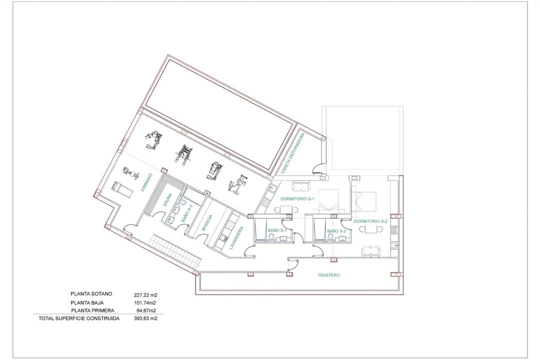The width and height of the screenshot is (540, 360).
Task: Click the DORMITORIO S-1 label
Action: pos(297,198)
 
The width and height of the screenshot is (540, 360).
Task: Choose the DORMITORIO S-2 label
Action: pos(370,220)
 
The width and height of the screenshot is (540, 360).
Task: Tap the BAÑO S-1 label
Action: pos(276,230)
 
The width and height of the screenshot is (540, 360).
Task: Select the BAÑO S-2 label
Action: pos(336,231)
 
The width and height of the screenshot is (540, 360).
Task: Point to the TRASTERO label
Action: pos(328,275)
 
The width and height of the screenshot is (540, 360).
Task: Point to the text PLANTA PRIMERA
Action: pos(92,310)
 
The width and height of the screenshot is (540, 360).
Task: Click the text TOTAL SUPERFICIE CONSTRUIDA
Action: pos(79,318)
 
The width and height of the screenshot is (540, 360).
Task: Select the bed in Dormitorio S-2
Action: pos(364,200)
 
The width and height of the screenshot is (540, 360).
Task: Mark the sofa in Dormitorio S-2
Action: pos(369,250)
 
